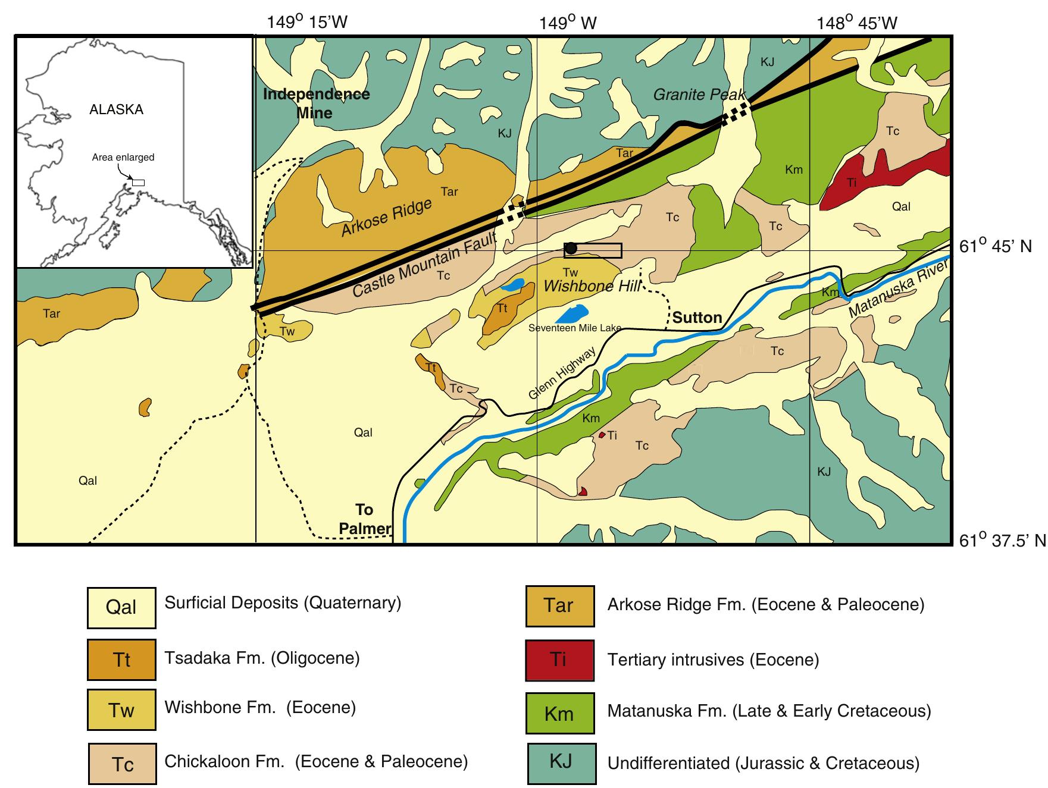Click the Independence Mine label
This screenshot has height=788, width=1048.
point(316,103)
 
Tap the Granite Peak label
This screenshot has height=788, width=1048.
point(699,94)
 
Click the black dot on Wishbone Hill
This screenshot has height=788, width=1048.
point(571,249)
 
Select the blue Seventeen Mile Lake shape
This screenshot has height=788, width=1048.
point(574,313)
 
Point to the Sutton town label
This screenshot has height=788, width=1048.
point(697,318)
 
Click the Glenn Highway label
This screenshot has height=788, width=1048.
point(562,374)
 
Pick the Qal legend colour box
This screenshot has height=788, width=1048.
point(121,607)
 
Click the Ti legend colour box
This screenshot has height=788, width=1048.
point(559,660)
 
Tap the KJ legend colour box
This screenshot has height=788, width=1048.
point(561,762)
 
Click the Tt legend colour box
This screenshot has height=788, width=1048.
point(121,659)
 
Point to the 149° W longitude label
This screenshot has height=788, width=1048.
point(568,23)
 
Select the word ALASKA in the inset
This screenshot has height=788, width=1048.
point(116,109)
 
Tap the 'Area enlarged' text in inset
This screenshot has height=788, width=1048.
point(123,158)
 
